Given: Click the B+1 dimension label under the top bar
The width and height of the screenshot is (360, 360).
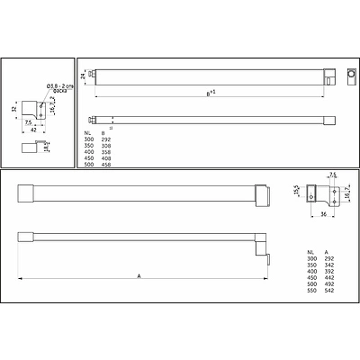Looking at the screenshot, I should point(209,92).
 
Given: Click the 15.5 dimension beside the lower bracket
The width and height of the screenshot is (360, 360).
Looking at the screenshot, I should point(296,190).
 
